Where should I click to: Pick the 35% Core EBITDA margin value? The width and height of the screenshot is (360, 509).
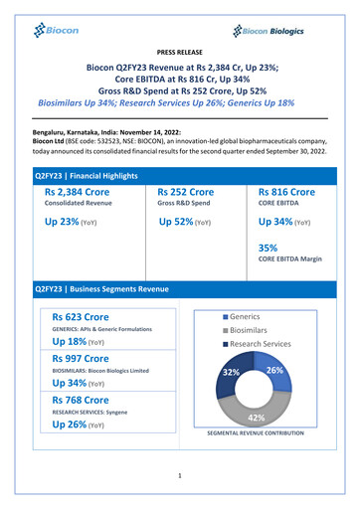click(268, 249)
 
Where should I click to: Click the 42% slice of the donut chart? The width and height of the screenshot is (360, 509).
click(256, 415)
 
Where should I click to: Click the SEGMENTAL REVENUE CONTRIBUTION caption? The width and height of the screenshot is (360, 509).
click(269, 434)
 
